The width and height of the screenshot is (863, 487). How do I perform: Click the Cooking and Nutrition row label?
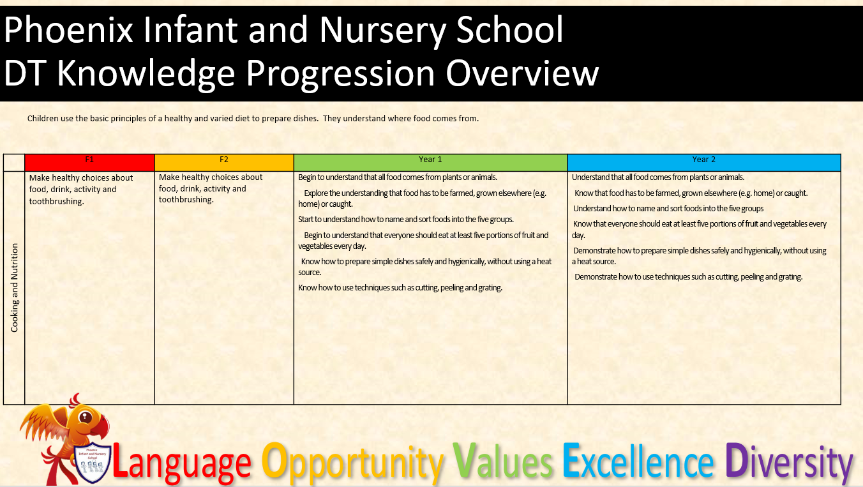(x=14, y=287)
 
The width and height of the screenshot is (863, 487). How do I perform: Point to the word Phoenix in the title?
(x=68, y=30)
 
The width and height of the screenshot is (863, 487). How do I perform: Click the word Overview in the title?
(x=522, y=73)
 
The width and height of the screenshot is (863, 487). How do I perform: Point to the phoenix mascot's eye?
(x=85, y=417)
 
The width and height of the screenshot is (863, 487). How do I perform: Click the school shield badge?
(x=92, y=463)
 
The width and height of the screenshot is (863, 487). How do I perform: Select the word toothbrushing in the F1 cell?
(x=56, y=202)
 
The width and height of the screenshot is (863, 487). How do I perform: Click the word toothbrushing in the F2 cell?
(x=186, y=200)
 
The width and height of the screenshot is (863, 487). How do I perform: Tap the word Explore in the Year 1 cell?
(x=316, y=193)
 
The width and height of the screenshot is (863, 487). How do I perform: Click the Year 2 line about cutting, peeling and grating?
(x=689, y=277)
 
